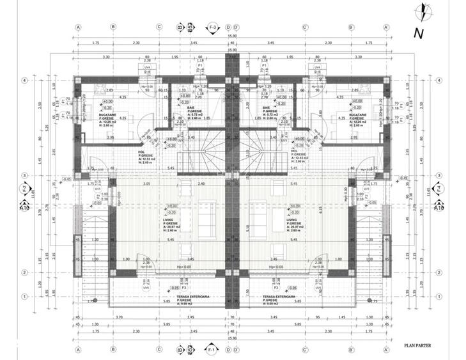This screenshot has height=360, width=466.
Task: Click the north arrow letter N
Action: tap(419, 32)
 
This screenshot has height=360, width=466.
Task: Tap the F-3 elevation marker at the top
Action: tap(212, 27)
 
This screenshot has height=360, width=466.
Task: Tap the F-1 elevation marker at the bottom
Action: tap(212, 350)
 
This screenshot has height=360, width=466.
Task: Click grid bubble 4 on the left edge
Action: tap(24, 81)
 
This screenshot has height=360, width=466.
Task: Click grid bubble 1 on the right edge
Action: tap(440, 296)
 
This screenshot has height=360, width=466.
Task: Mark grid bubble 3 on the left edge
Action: tap(24, 175)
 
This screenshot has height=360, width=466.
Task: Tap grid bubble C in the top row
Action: tap(159, 27)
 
